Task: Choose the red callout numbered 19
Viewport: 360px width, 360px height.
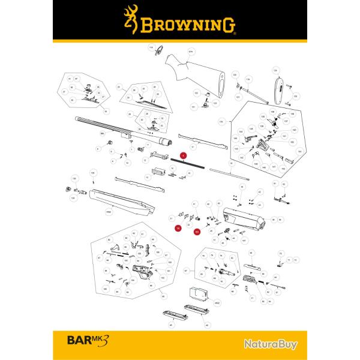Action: click(x=178, y=229)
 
